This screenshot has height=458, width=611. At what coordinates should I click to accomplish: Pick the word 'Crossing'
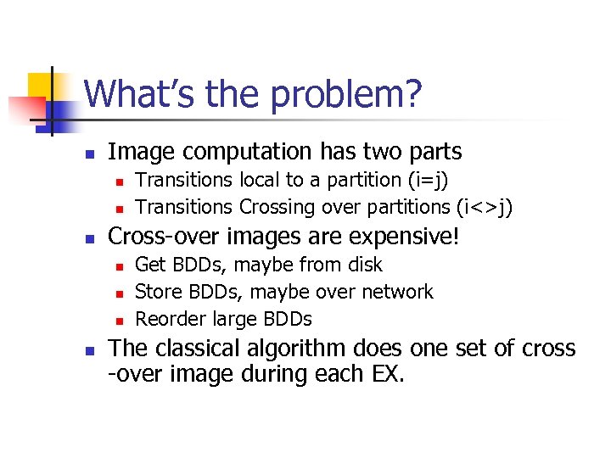tap(276, 207)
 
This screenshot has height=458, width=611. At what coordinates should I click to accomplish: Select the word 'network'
tap(398, 292)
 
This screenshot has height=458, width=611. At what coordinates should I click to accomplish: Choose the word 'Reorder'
tap(167, 319)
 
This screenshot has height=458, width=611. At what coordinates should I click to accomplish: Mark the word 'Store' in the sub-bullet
tap(157, 292)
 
